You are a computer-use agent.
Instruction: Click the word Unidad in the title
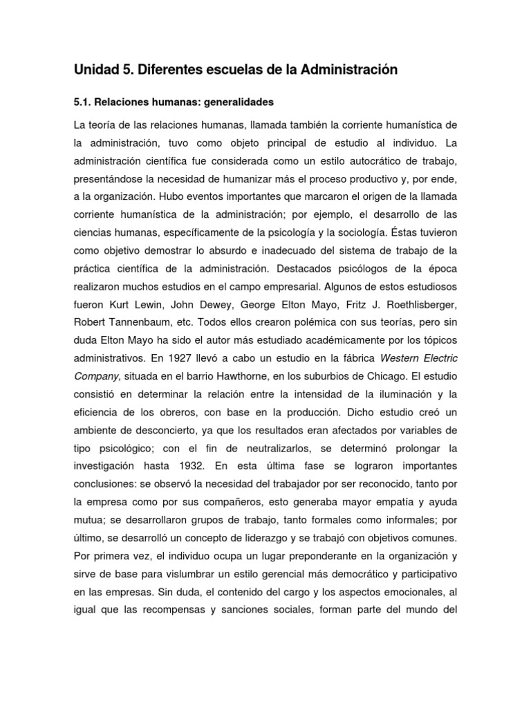pyautogui.click(x=95, y=70)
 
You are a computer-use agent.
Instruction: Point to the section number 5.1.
pyautogui.click(x=82, y=102)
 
